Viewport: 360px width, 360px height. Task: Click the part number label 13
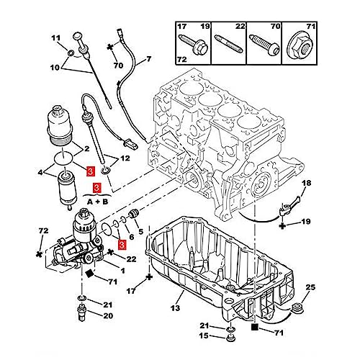(174, 308)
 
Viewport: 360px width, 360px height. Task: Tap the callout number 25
(311, 288)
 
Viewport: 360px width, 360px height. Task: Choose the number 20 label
(107, 315)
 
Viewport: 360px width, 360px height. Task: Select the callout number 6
(132, 237)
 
